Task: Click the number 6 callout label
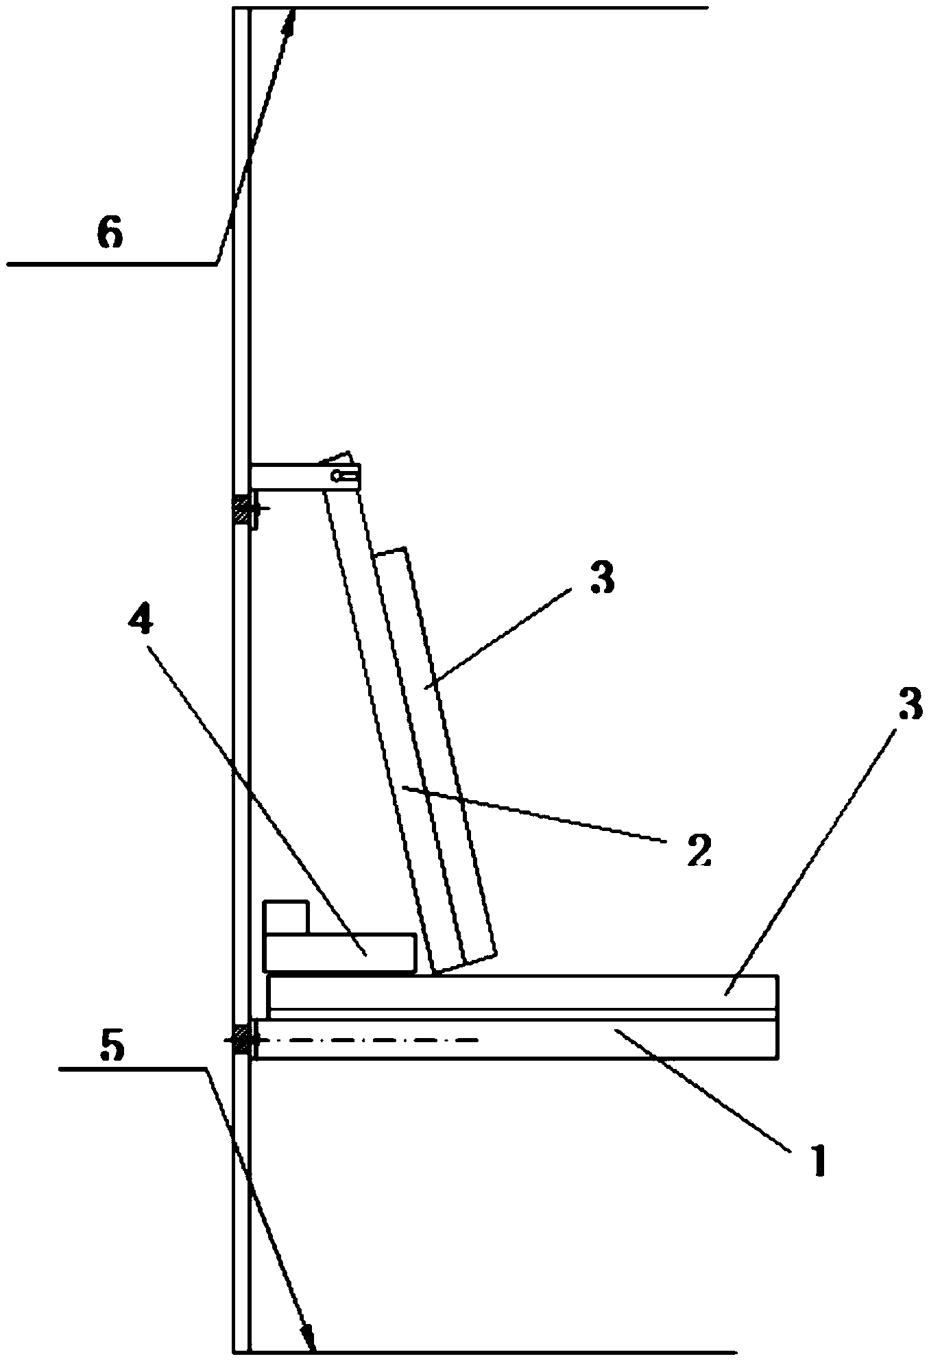tap(110, 234)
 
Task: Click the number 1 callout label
tap(816, 1159)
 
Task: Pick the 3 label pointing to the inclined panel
tap(601, 578)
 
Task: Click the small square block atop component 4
tap(285, 917)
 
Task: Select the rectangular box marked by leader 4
tap(339, 952)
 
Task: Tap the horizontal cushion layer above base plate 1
tap(521, 991)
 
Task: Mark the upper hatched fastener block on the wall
tap(240, 510)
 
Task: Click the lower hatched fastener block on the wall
tap(240, 1039)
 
